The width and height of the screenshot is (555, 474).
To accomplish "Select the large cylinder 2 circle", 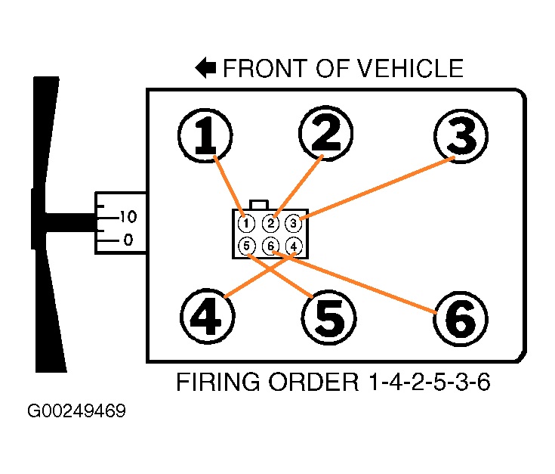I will click(x=326, y=134).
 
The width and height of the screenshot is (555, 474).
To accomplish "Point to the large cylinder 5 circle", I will click(x=328, y=317).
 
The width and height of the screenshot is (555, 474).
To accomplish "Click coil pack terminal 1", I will click(x=245, y=223).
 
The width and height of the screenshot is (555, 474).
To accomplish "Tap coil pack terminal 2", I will click(x=270, y=223).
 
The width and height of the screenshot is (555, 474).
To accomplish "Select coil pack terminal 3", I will click(x=293, y=223).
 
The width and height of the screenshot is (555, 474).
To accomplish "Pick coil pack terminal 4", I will click(x=293, y=246).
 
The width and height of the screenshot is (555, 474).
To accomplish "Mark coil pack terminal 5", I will click(x=245, y=246).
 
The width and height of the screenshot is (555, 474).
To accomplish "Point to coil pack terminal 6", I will click(x=270, y=246).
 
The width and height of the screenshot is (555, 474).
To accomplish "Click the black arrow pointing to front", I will click(x=205, y=69).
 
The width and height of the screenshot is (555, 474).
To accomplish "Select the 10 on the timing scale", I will click(x=126, y=218).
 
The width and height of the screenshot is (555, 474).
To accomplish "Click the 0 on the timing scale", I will click(x=128, y=240).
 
